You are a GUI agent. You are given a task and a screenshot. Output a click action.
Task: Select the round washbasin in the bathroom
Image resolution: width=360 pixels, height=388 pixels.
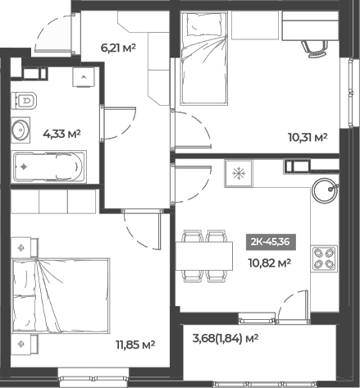[21, 129]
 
